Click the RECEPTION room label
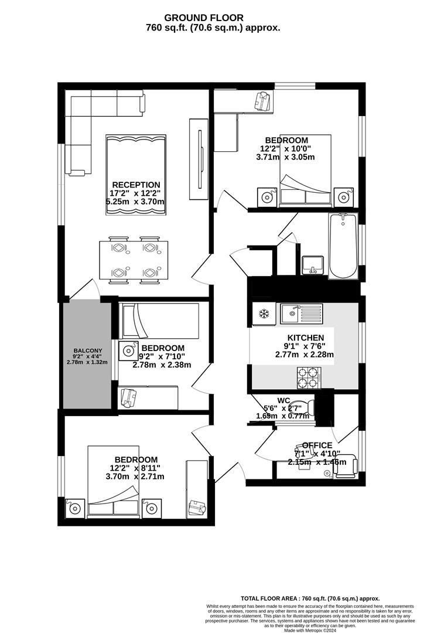[x=136, y=185]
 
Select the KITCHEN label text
[x=304, y=338]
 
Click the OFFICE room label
[x=317, y=445]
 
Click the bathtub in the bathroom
[x=343, y=246]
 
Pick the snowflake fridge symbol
[x=264, y=314]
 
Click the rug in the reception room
[x=135, y=175]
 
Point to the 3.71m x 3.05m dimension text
[x=286, y=157]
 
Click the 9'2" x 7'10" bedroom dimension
[x=162, y=356]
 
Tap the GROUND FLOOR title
[x=212, y=18]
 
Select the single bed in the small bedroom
[x=159, y=321]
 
